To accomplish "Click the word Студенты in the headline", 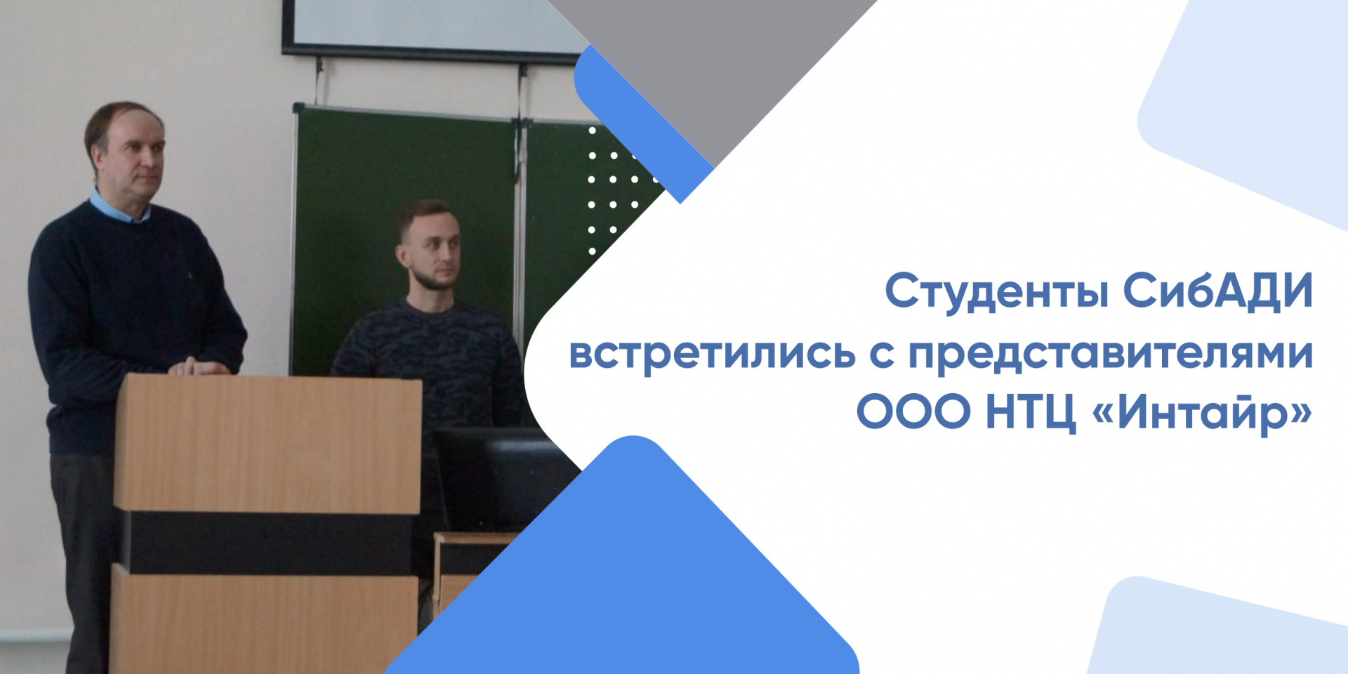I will click(x=996, y=292).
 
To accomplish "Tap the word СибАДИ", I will click(x=1217, y=291).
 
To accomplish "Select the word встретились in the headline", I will click(x=712, y=352).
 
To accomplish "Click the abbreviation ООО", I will click(x=913, y=412).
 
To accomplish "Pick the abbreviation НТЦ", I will click(x=1031, y=412).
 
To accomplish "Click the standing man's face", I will click(x=137, y=159).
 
